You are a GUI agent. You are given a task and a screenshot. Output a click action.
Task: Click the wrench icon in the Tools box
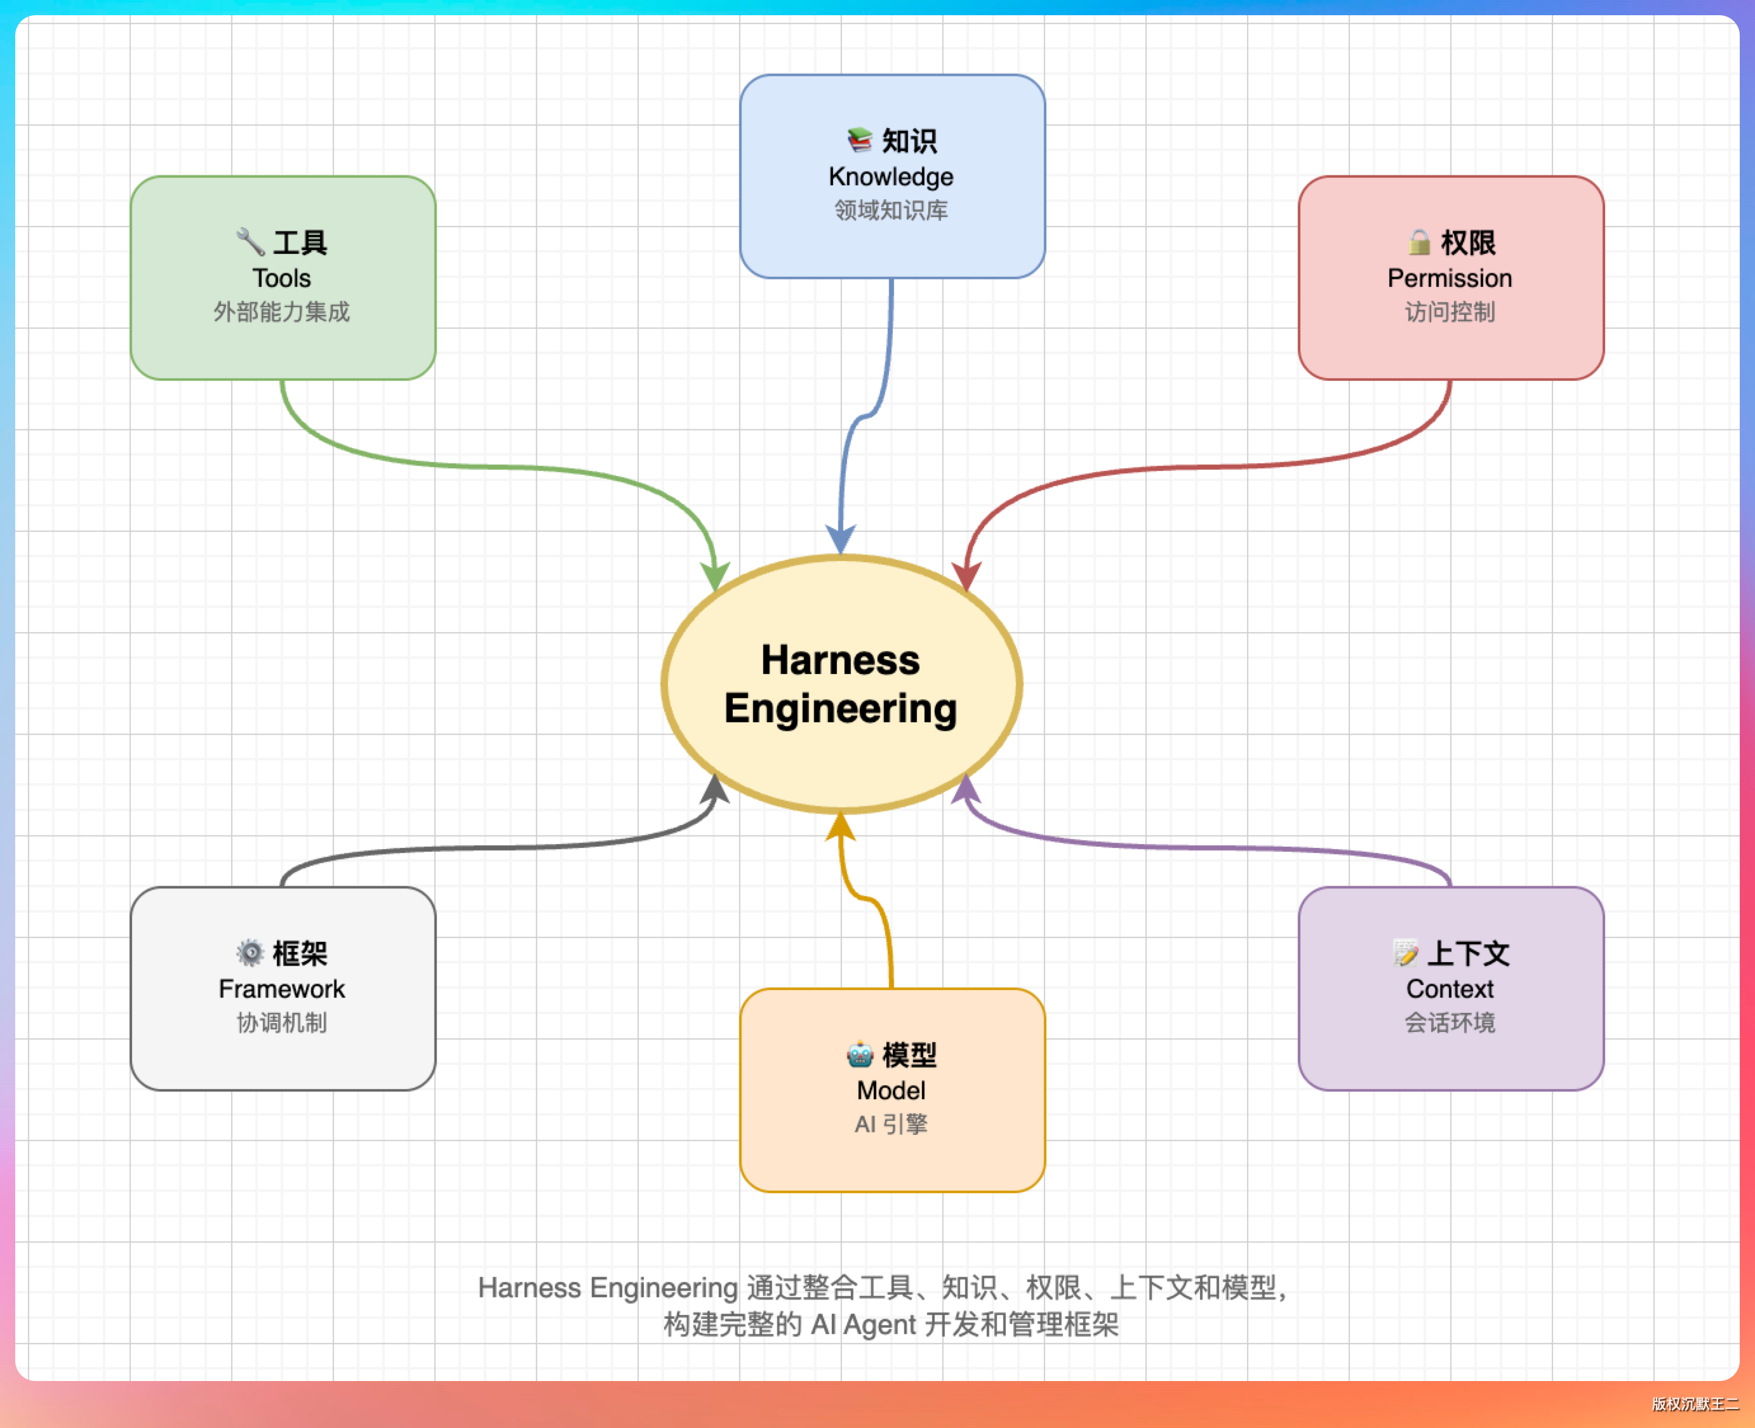250,242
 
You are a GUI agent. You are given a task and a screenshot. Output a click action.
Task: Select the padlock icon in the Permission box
1418,242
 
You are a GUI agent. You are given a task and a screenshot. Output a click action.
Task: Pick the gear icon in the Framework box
250,953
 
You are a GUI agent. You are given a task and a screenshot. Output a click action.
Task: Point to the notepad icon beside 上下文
1405,953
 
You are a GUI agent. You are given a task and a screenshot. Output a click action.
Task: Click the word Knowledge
891,177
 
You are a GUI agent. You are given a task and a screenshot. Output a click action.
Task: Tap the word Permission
1450,278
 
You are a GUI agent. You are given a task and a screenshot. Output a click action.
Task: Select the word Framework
282,989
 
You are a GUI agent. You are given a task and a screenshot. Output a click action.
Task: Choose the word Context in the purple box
1450,989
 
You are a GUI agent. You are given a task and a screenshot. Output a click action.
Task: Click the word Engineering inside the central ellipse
841,709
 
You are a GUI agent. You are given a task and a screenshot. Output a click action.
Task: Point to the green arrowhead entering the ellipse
714,575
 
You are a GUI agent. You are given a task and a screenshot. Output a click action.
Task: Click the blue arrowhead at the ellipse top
840,539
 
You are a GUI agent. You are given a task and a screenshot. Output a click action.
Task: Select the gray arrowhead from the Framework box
715,790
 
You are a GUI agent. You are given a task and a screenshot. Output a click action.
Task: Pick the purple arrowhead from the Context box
966,790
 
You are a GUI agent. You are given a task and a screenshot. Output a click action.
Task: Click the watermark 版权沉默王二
1695,1404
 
